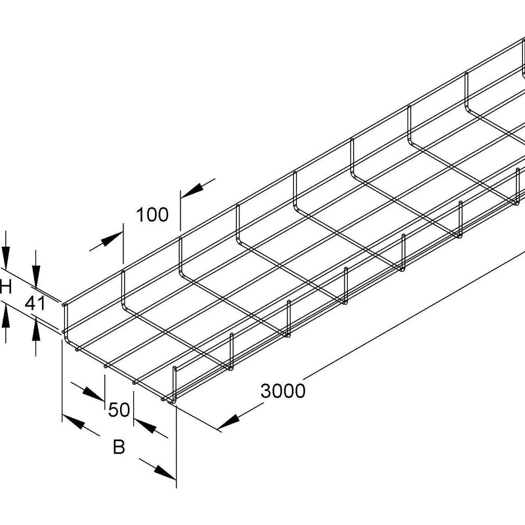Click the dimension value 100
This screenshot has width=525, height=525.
[152, 215]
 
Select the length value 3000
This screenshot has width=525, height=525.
[283, 390]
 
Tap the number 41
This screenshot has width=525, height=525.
[35, 304]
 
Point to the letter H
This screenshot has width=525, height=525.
[6, 287]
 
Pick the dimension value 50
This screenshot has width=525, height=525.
[119, 409]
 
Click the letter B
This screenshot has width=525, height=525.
[119, 447]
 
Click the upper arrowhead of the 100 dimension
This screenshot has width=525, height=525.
[192, 190]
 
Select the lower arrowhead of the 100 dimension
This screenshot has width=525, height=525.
[112, 239]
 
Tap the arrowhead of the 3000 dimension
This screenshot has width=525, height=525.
[228, 422]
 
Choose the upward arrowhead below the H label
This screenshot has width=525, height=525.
[6, 316]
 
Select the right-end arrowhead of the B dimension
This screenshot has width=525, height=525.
[165, 472]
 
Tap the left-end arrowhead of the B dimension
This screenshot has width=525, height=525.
[73, 422]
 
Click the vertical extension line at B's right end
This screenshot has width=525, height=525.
[176, 446]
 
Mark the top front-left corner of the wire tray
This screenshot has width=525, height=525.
[64, 304]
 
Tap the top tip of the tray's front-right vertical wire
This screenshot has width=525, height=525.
[175, 368]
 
